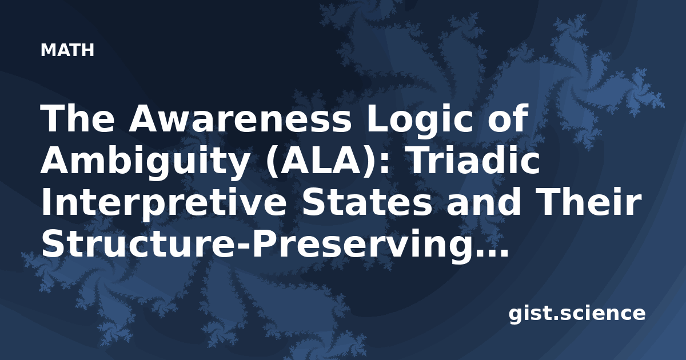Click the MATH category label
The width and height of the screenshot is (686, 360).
(67, 50)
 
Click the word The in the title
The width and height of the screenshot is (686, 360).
(78, 118)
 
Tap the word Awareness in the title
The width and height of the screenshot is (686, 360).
(240, 118)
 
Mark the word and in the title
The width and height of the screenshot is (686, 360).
(483, 201)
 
